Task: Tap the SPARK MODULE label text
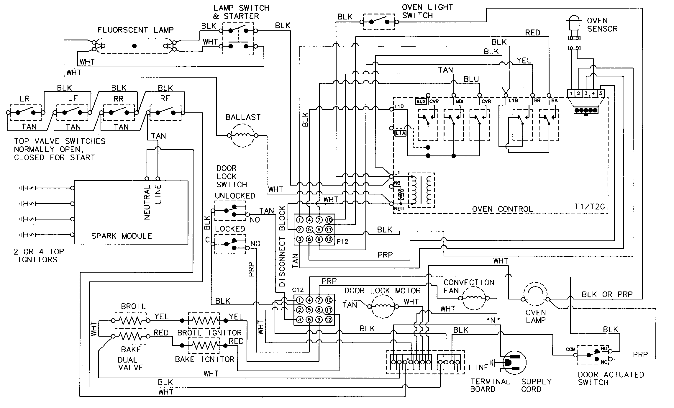122,236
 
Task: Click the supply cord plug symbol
514,363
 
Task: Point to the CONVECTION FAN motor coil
473,299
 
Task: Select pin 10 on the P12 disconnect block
329,220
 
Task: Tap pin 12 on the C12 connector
329,319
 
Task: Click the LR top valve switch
25,112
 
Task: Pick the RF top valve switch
165,112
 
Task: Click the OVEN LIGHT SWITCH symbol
379,22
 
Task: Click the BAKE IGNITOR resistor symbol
204,345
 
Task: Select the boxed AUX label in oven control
421,101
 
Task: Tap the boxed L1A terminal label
400,133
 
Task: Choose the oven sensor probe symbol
574,24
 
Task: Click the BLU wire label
471,79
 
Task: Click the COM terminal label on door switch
570,350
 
